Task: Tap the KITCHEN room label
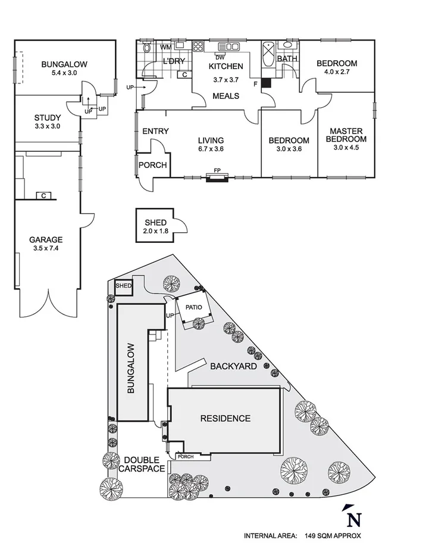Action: (x=225, y=66)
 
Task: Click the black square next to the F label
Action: (x=266, y=83)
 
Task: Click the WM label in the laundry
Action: (x=166, y=47)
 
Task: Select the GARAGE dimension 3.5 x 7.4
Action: (x=45, y=249)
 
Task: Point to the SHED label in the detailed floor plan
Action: (x=155, y=223)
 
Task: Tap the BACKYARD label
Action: (x=233, y=366)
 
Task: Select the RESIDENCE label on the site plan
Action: (x=225, y=418)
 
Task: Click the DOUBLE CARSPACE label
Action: (x=142, y=464)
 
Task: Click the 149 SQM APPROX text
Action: (x=331, y=536)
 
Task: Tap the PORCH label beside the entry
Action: (x=153, y=166)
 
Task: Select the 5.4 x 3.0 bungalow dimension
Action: (x=64, y=73)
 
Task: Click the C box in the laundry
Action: (x=184, y=74)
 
